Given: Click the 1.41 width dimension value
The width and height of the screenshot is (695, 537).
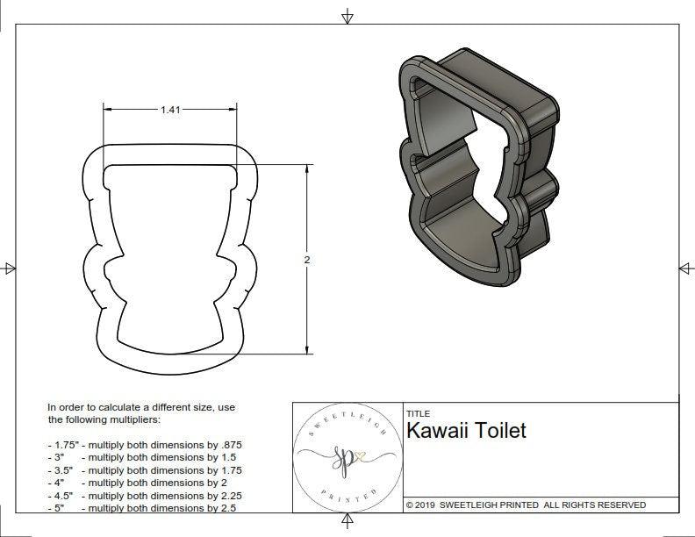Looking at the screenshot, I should click(170, 110).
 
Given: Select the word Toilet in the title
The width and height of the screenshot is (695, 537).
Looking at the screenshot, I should click(501, 431).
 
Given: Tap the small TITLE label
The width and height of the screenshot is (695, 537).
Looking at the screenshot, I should click(418, 413).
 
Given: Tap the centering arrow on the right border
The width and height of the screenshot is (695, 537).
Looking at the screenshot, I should click(685, 268).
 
